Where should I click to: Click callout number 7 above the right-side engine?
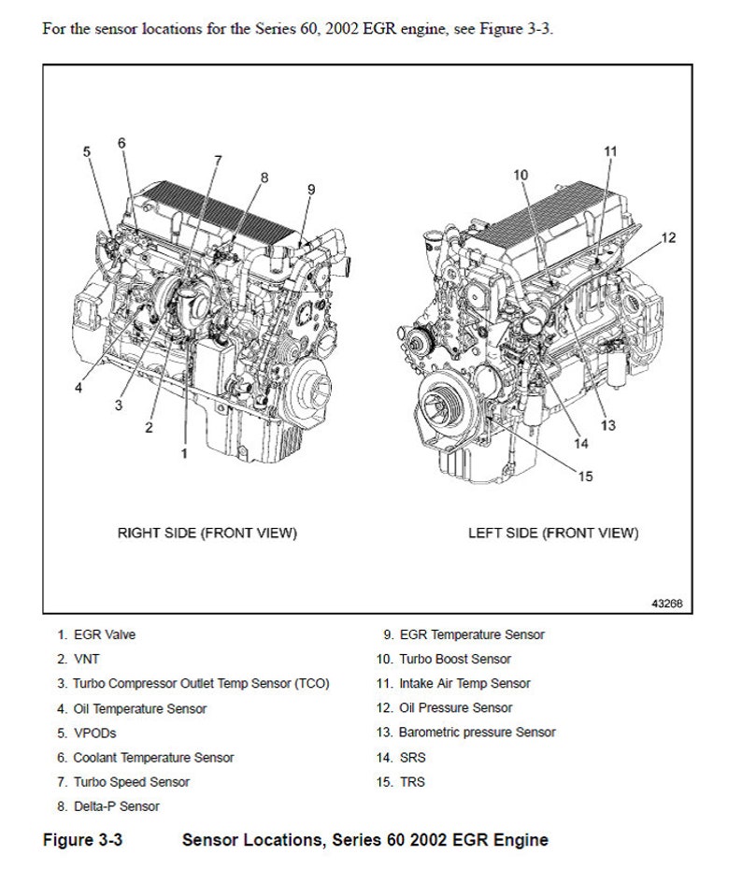pyautogui.click(x=218, y=160)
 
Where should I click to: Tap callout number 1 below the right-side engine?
pyautogui.click(x=184, y=453)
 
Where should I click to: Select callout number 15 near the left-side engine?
pyautogui.click(x=585, y=477)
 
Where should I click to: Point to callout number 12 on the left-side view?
pyautogui.click(x=667, y=237)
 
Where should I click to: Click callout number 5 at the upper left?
pyautogui.click(x=86, y=151)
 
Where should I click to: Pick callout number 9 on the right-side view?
pyautogui.click(x=311, y=190)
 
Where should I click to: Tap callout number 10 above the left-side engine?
pyautogui.click(x=521, y=175)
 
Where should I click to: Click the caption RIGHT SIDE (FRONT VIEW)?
pyautogui.click(x=207, y=533)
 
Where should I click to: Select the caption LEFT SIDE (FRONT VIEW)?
pyautogui.click(x=553, y=533)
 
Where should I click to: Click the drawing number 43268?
pyautogui.click(x=667, y=604)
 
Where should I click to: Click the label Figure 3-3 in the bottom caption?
pyautogui.click(x=83, y=839)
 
